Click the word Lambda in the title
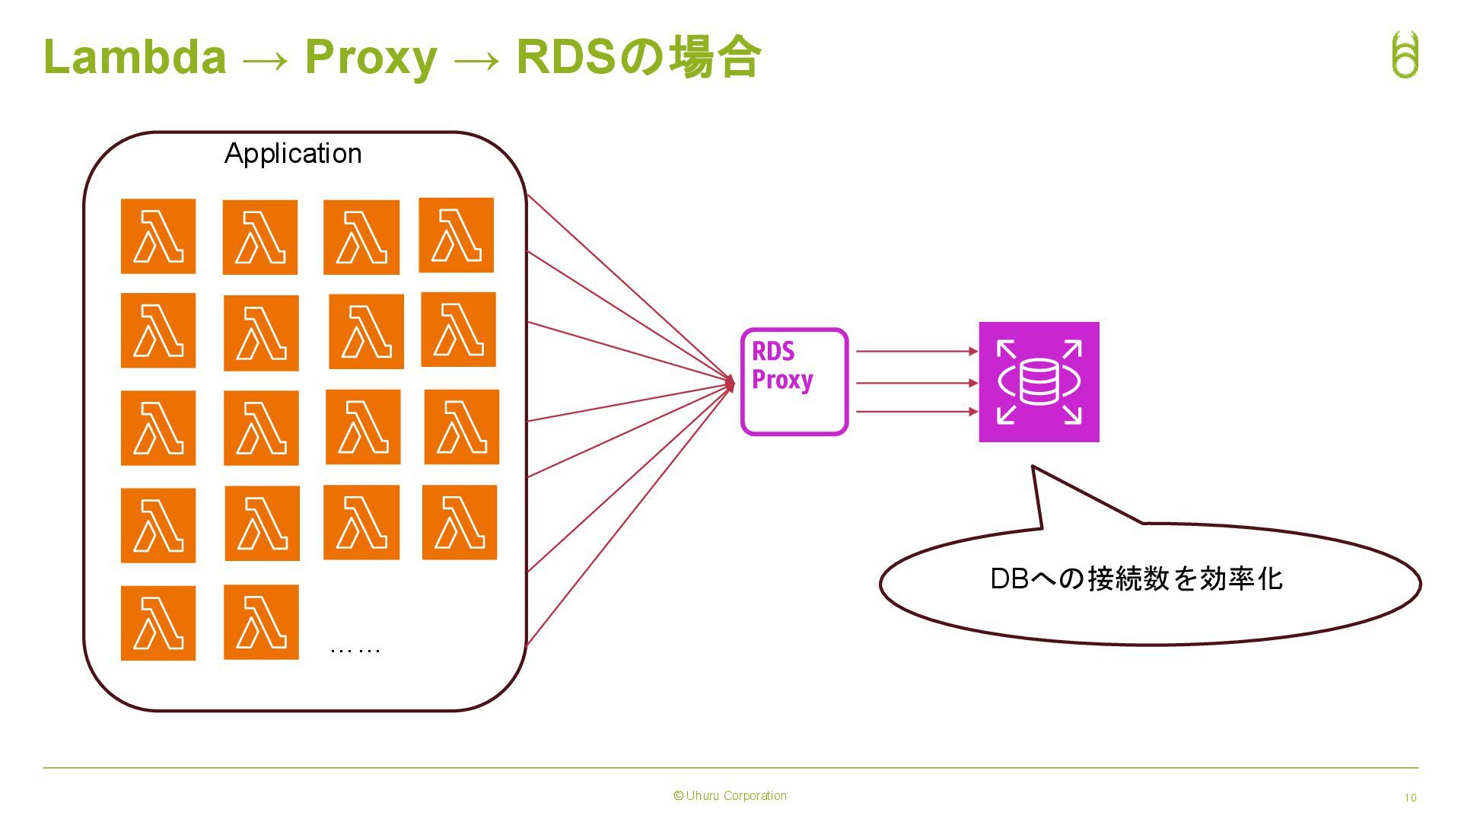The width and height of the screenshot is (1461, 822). pyautogui.click(x=135, y=57)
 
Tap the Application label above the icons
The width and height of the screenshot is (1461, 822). pyautogui.click(x=293, y=155)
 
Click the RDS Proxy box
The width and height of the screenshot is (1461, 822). pyautogui.click(x=794, y=382)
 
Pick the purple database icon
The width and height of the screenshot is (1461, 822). pyautogui.click(x=1039, y=382)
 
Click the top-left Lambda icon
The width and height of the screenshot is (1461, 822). pyautogui.click(x=158, y=236)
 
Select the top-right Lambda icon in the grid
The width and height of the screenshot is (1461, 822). pyautogui.click(x=457, y=235)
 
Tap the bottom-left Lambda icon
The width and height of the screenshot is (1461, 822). pyautogui.click(x=158, y=623)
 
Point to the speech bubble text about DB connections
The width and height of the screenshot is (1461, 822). pyautogui.click(x=1136, y=579)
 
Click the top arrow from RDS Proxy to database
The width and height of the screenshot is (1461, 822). pyautogui.click(x=917, y=352)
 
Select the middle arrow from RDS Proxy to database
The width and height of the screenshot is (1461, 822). pyautogui.click(x=917, y=383)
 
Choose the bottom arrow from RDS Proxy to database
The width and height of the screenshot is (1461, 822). pyautogui.click(x=917, y=412)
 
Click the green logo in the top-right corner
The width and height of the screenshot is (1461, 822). pyautogui.click(x=1405, y=54)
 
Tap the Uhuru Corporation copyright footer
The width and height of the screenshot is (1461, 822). pyautogui.click(x=730, y=796)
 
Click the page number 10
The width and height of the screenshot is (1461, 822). pyautogui.click(x=1410, y=798)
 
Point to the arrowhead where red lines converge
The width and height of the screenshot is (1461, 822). pyautogui.click(x=730, y=384)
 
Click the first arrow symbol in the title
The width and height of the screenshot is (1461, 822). pyautogui.click(x=266, y=60)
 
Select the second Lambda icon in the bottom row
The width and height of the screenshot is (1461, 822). pyautogui.click(x=261, y=623)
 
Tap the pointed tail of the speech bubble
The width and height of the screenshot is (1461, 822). pyautogui.click(x=1033, y=467)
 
